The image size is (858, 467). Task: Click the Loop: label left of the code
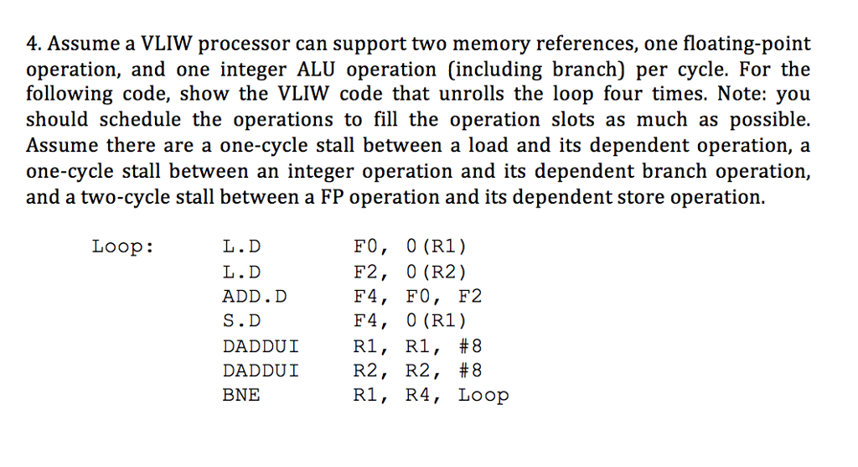(x=122, y=246)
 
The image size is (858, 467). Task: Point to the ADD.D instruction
(x=254, y=296)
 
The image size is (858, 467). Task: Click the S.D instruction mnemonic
(x=241, y=320)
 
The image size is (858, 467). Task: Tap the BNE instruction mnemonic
(x=241, y=394)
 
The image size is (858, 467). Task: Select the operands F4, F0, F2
(x=418, y=296)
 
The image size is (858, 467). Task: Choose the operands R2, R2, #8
(x=418, y=370)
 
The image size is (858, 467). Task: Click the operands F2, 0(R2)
(x=411, y=272)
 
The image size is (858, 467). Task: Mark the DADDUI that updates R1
(x=261, y=345)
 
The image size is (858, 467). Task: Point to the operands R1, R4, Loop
(x=431, y=394)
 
